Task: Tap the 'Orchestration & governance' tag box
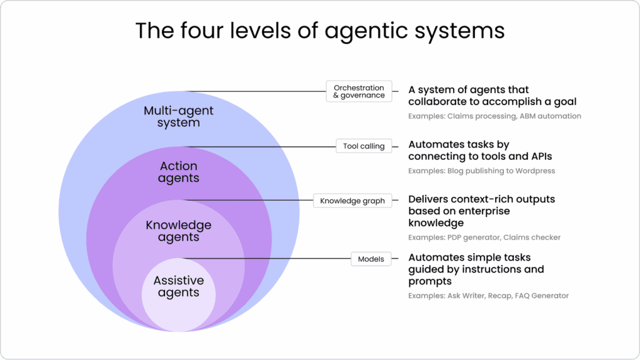(359, 92)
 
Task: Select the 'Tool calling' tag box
(364, 146)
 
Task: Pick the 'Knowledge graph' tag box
(352, 201)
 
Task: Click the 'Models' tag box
(371, 259)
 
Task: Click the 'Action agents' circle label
(178, 172)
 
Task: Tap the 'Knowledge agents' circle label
(178, 231)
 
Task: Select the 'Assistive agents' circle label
(178, 286)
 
